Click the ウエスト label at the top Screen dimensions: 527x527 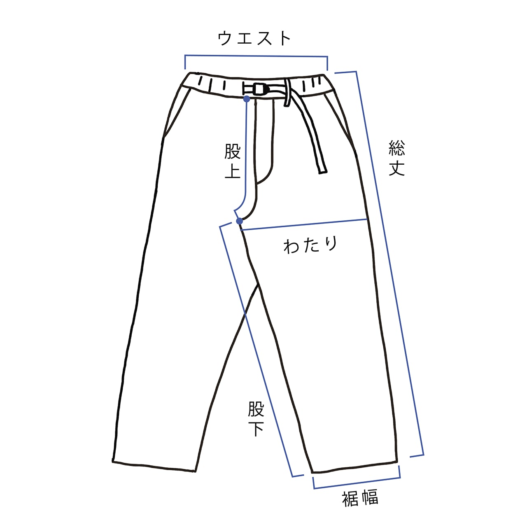(x=254, y=38)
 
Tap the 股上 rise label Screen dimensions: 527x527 (x=233, y=161)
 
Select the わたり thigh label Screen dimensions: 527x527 (x=310, y=245)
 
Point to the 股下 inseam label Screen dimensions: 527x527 (x=256, y=418)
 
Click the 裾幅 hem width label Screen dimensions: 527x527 (x=360, y=499)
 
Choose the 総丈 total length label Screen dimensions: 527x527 (x=397, y=158)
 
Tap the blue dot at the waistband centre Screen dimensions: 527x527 (x=246, y=99)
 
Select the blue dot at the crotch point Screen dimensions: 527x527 (x=240, y=222)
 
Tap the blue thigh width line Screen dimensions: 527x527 (x=305, y=225)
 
